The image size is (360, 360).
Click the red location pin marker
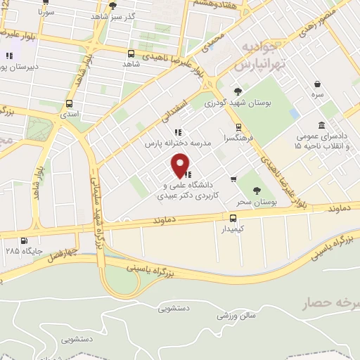click(x=181, y=165)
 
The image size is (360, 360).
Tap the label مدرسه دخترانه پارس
click(x=169, y=143)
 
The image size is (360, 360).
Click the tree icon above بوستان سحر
click(x=256, y=190)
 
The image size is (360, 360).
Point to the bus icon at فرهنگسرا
click(x=239, y=127)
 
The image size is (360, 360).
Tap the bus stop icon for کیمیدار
click(x=233, y=217)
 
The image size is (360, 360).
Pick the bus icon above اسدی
click(x=69, y=103)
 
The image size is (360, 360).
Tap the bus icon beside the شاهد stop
click(x=131, y=53)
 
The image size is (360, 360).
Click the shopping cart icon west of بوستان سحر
click(x=233, y=179)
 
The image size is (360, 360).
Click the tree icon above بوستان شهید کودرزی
click(x=238, y=91)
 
